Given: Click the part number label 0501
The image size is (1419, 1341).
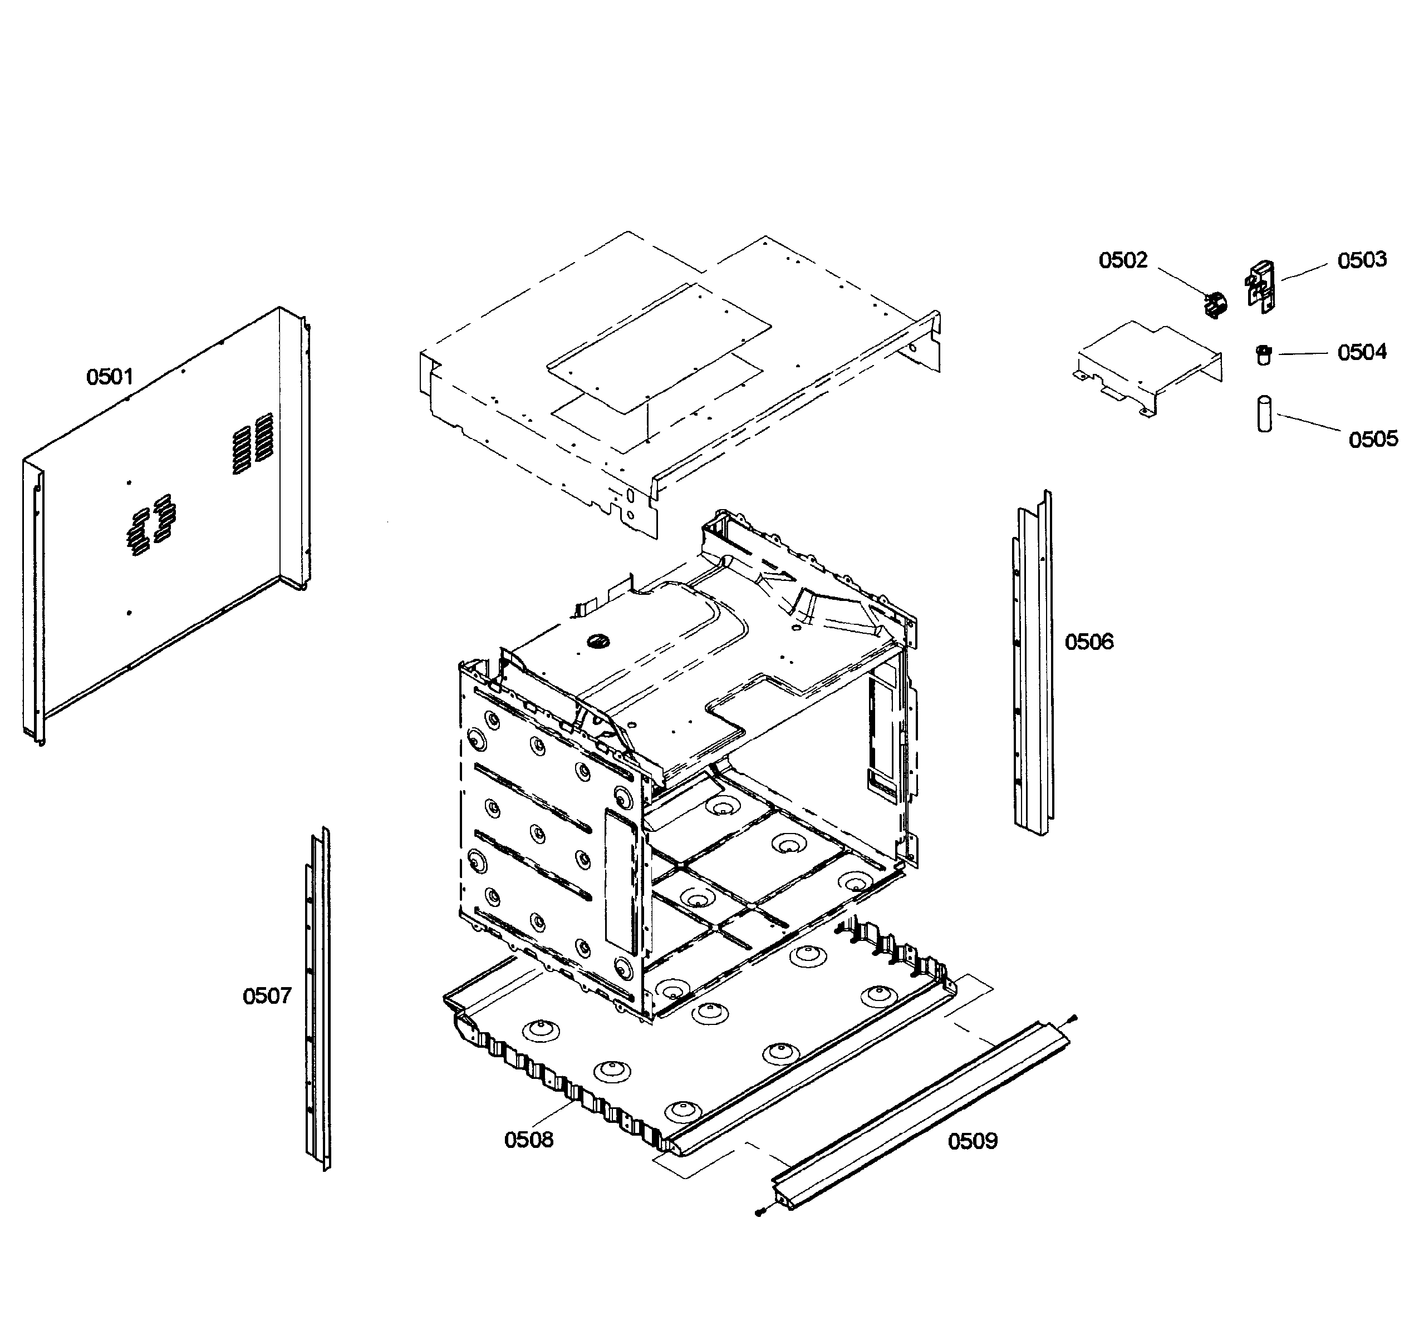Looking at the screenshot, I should click(x=110, y=377).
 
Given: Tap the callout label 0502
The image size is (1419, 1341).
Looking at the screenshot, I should click(x=1123, y=260).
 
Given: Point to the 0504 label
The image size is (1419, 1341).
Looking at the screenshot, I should click(x=1362, y=352).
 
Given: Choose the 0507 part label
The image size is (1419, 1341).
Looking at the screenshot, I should click(x=267, y=996).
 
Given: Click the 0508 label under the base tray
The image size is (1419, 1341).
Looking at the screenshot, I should click(x=528, y=1140).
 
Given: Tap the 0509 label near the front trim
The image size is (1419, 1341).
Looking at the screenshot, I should click(x=973, y=1141).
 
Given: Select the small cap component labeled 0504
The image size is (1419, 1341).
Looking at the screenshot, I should click(x=1264, y=354).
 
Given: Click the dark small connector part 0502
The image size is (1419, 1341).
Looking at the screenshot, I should click(x=1215, y=305).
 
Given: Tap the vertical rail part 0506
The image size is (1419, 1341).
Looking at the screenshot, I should click(x=1034, y=665).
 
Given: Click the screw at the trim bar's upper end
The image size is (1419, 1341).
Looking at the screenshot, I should click(x=1072, y=1020).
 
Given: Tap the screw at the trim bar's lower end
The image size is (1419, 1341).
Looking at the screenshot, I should click(x=759, y=1211).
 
